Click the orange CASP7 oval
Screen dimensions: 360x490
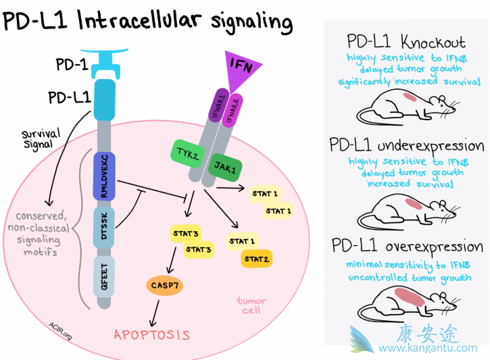pyautogui.click(x=164, y=286)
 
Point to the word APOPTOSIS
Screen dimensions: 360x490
pyautogui.click(x=152, y=334)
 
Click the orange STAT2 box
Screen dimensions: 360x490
pyautogui.click(x=258, y=259)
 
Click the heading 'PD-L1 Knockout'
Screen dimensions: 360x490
pyautogui.click(x=406, y=42)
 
